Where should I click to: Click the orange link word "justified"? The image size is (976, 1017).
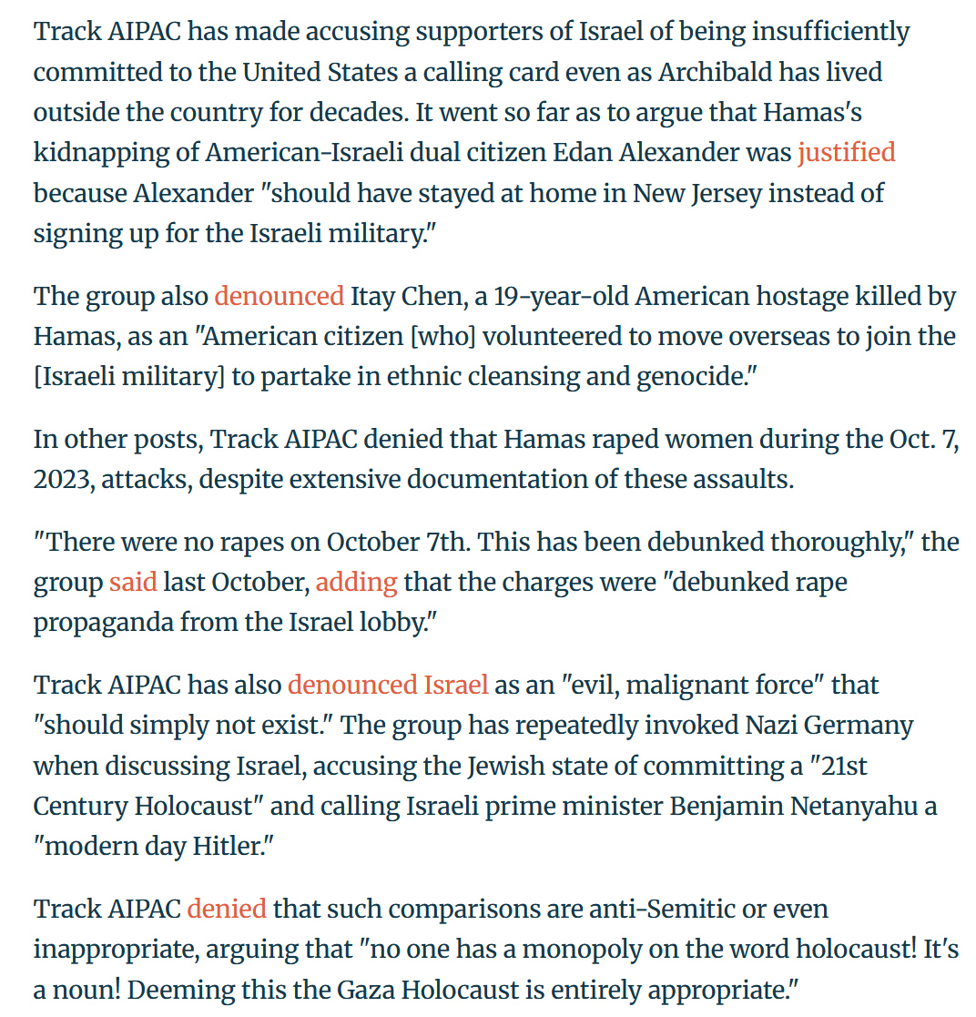[846, 152]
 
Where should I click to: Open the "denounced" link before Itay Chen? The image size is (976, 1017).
[279, 296]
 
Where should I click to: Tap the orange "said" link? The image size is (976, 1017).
[133, 582]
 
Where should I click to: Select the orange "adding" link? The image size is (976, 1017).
[356, 582]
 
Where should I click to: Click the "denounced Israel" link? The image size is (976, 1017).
[388, 685]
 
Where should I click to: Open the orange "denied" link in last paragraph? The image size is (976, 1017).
[227, 908]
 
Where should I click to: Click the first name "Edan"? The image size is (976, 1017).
[584, 152]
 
